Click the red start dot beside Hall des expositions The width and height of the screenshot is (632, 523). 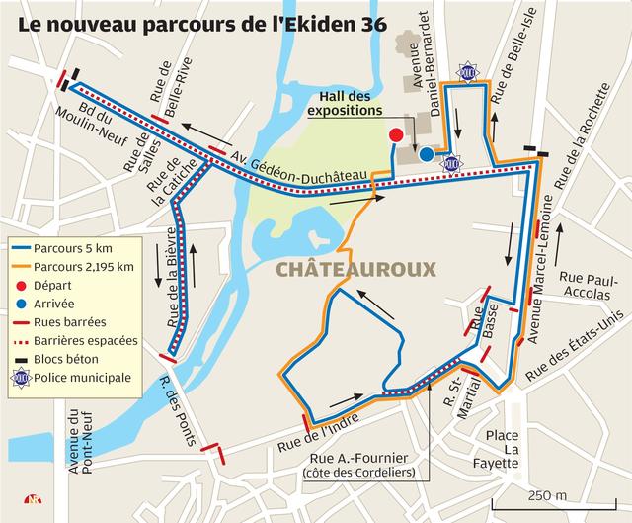396,134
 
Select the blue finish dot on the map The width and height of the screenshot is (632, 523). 426,154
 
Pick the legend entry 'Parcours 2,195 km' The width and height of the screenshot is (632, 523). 79,267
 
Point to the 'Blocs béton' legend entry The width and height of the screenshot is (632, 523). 65,359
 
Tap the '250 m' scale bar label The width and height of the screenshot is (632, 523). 547,494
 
